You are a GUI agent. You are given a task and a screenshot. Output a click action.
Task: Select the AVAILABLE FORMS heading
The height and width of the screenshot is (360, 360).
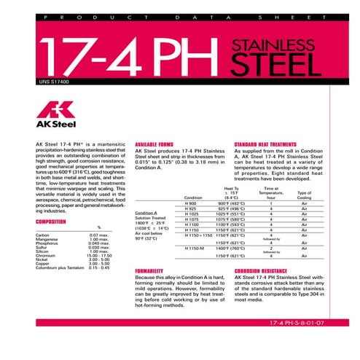155,144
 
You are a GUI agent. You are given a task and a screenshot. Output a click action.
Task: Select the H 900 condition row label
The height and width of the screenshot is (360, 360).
192,203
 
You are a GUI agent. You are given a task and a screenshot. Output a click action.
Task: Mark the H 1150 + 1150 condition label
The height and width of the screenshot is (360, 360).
199,235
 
